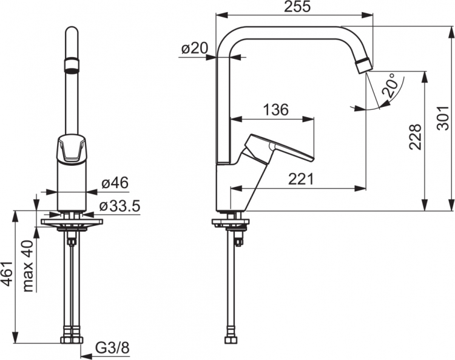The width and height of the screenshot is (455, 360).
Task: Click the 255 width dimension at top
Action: pos(297,7)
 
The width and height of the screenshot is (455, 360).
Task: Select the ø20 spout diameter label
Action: pos(195,49)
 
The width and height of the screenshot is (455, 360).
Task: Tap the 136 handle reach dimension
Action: pos(275,109)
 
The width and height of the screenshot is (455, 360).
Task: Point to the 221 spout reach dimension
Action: pos(301,179)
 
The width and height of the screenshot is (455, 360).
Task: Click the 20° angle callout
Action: pos(389,85)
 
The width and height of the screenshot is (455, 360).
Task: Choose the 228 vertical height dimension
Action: pos(415,137)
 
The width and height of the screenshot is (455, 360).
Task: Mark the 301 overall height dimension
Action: pos(443,118)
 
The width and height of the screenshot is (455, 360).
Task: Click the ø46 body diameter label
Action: pos(115,183)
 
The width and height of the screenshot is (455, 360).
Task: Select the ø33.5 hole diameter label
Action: pos(120,206)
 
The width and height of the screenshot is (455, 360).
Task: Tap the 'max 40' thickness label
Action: pos(28,266)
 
